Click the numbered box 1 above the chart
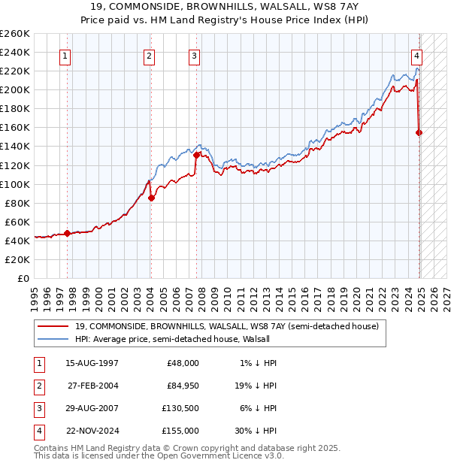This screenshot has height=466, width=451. click(65, 56)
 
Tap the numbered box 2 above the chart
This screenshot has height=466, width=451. click(150, 56)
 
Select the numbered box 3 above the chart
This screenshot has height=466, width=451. click(194, 56)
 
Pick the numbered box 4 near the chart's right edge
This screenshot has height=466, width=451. click(416, 56)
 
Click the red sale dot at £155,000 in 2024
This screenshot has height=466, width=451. click(419, 132)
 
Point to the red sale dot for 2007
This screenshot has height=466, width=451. click(196, 156)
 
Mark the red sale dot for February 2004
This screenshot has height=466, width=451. click(151, 198)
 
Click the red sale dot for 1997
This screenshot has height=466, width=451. click(67, 233)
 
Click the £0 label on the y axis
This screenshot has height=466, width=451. click(23, 278)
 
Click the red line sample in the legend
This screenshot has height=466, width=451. click(54, 326)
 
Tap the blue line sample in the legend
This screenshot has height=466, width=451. click(54, 339)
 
